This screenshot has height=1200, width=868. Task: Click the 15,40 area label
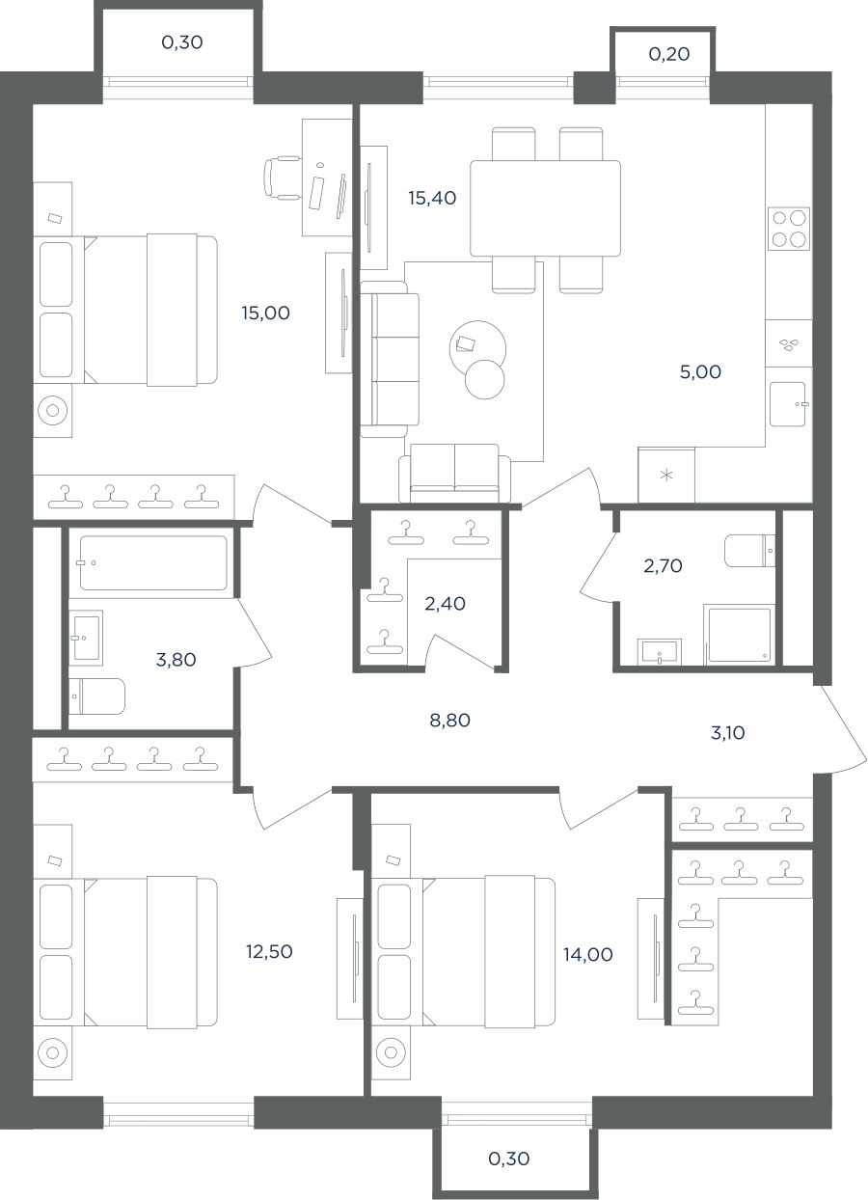432,198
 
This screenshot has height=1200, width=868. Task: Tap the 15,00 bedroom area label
265,313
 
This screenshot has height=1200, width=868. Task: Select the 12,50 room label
269,951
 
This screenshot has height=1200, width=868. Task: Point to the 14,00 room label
588,954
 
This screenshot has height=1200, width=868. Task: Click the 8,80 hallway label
449,721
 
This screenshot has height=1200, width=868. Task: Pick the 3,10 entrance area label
728,733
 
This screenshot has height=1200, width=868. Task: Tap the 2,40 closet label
445,604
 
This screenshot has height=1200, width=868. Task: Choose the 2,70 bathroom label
663,565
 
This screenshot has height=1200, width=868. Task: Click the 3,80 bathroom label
176,660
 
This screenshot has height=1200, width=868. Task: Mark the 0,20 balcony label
669,54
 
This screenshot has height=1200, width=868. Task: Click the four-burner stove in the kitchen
789,229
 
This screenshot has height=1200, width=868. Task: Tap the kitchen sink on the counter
788,404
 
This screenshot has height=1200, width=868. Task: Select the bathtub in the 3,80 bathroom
153,563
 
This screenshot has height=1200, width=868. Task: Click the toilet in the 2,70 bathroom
749,550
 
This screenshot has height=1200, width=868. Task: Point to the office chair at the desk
283,177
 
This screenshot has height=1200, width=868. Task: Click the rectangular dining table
545,208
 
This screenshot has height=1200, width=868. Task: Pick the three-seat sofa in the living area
390,359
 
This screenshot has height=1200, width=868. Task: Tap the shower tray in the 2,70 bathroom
740,635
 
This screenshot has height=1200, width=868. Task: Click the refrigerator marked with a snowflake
666,476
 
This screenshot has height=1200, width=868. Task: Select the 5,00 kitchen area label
700,371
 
